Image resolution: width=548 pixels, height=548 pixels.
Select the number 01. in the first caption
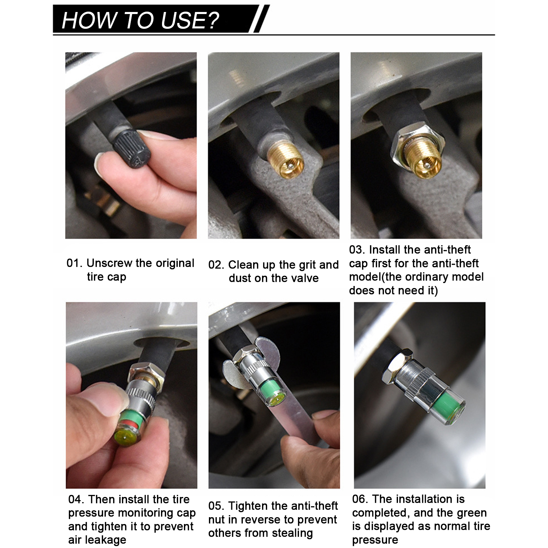point(75,263)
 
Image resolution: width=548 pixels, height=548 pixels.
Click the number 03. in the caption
point(357,250)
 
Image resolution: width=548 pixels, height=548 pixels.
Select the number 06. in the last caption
point(360,499)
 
